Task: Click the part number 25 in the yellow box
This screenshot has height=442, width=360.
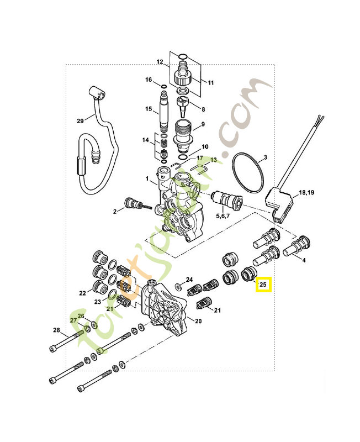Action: [x=263, y=285]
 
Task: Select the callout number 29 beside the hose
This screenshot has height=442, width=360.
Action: [x=80, y=121]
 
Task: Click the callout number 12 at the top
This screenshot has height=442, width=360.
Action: [x=160, y=62]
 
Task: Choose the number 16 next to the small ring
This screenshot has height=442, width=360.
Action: [x=149, y=80]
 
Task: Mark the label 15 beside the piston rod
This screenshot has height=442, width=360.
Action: [x=148, y=109]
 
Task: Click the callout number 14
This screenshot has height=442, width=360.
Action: [x=145, y=140]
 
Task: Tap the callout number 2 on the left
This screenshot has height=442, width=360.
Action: [x=115, y=211]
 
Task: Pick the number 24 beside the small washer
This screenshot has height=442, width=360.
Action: [x=189, y=280]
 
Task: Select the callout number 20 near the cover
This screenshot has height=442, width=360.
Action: [x=199, y=320]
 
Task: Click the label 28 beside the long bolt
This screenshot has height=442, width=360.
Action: [x=56, y=330]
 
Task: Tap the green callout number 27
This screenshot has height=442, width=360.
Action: [x=73, y=320]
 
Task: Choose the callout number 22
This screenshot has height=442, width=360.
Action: [x=83, y=293]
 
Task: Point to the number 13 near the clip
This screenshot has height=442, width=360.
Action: [x=213, y=160]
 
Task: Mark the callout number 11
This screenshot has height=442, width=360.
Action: [x=210, y=82]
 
